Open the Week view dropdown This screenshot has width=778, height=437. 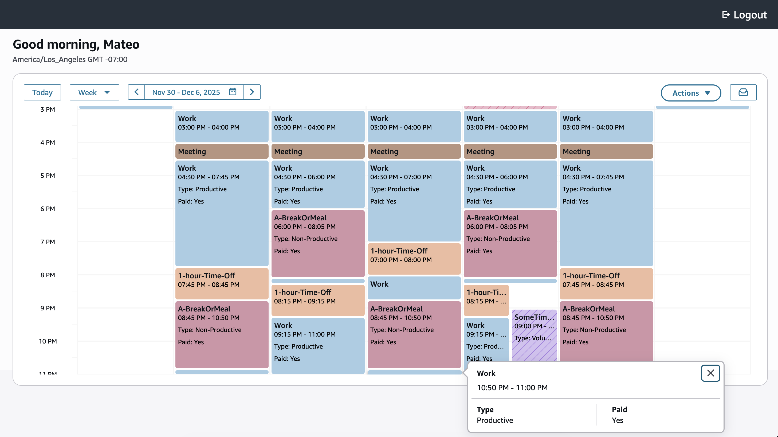(x=94, y=92)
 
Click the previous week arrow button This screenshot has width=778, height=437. (x=136, y=92)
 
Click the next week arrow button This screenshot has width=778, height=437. (x=252, y=92)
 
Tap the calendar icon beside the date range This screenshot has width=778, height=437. (x=233, y=92)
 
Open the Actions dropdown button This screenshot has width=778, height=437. (x=691, y=93)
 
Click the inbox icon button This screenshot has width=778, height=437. (x=743, y=92)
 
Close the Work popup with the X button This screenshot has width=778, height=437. (x=710, y=373)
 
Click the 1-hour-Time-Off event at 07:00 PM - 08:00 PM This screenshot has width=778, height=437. (x=414, y=258)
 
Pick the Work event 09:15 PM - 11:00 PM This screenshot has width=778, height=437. (x=318, y=345)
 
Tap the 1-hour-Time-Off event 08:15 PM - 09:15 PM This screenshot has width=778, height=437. (x=318, y=299)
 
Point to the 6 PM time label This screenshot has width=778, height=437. (x=48, y=209)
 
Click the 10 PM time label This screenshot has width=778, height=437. (x=48, y=341)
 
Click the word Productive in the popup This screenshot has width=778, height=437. (x=495, y=420)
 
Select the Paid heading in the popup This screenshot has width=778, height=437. (x=619, y=409)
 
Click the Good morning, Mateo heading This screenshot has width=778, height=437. (x=76, y=44)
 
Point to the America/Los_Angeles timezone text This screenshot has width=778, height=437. (x=70, y=59)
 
